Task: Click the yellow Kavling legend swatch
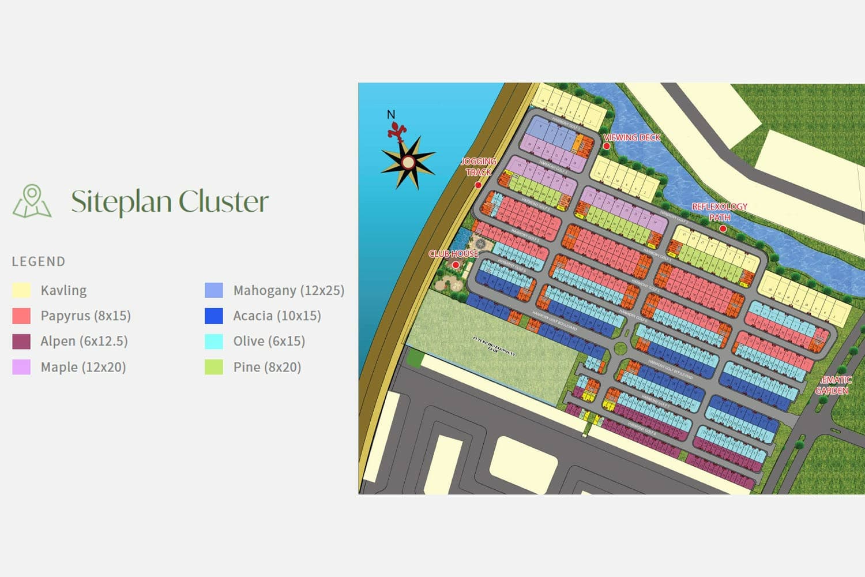point(21,290)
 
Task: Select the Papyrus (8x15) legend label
point(85,316)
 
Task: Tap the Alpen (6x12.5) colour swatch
point(21,341)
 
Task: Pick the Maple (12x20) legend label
point(83,367)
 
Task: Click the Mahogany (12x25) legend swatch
point(214,290)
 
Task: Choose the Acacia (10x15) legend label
point(277,316)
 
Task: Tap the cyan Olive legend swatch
point(214,341)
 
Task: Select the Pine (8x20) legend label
point(267,367)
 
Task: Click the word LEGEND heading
point(39,261)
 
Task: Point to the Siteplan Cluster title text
point(170,201)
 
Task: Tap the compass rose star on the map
point(408,162)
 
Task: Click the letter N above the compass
point(391,115)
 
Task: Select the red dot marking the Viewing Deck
point(607,146)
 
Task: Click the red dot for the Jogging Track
point(478,185)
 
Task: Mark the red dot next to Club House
point(456,265)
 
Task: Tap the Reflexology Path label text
point(719,212)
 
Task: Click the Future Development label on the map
point(494,345)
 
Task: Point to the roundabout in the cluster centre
point(620,348)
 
